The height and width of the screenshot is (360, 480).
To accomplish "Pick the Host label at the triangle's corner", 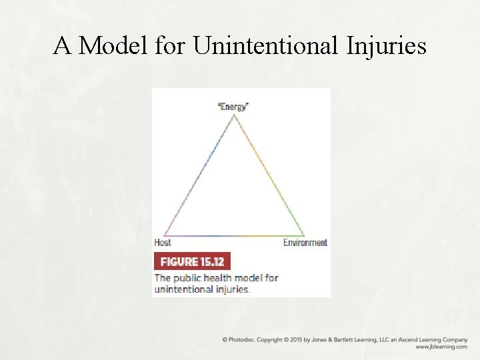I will pyautogui.click(x=162, y=243).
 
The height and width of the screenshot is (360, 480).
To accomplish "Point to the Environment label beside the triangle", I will pyautogui.click(x=305, y=243).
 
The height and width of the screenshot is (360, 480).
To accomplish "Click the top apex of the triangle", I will pyautogui.click(x=234, y=115).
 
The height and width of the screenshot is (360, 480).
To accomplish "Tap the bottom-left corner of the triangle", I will pyautogui.click(x=164, y=235).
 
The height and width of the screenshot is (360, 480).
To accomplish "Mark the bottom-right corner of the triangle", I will pyautogui.click(x=305, y=235).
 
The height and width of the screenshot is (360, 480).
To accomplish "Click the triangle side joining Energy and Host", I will pyautogui.click(x=199, y=175).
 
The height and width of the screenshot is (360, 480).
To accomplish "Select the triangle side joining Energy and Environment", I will pyautogui.click(x=269, y=175).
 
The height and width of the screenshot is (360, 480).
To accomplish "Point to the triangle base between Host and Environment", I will pyautogui.click(x=234, y=235).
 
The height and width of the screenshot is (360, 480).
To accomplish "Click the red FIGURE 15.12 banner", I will pyautogui.click(x=192, y=261).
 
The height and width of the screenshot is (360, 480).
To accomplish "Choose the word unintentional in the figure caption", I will pyautogui.click(x=183, y=289).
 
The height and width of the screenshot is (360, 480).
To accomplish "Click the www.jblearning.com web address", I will pyautogui.click(x=441, y=347).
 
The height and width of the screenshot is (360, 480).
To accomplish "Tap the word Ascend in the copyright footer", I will pyautogui.click(x=405, y=339).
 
